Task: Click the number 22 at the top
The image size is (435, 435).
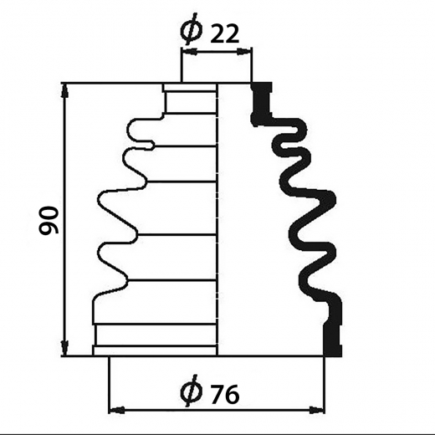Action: pos(225,34)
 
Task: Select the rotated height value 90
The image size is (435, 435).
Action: pos(49,220)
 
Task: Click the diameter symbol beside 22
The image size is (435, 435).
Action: pos(192,29)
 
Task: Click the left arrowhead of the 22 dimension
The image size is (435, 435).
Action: pos(190,51)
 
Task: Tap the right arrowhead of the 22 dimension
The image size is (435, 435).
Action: pos(243,51)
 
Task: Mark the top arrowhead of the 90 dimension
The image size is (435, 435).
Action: pos(65,90)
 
